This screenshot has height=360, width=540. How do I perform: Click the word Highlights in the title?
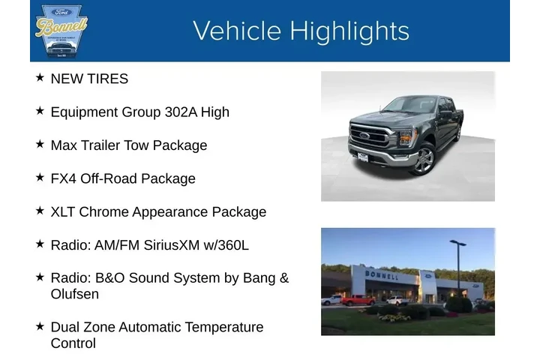(x=349, y=31)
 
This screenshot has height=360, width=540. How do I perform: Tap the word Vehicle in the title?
(x=238, y=31)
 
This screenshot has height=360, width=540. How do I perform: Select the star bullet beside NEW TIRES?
(x=40, y=77)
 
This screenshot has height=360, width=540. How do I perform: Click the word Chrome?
(x=104, y=211)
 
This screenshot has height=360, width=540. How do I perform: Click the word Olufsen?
(x=74, y=294)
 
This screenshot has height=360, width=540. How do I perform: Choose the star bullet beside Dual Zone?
(x=40, y=326)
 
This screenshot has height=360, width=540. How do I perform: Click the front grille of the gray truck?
(x=370, y=137)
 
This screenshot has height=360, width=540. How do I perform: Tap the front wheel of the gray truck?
(x=423, y=159)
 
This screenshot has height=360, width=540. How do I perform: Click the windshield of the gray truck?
(x=409, y=105)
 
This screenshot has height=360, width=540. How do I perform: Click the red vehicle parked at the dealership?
(x=358, y=300)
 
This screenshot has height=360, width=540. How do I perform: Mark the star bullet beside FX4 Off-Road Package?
(x=40, y=178)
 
